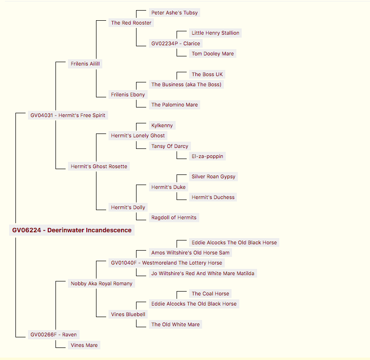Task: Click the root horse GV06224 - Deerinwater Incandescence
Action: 72,230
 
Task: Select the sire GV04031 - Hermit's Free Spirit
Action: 68,115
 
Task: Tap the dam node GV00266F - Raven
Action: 54,334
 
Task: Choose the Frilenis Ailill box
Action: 85,64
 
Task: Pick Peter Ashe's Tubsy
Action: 175,13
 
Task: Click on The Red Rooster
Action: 131,23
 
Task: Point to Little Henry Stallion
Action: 216,33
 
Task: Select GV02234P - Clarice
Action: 176,43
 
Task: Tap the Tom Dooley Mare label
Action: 213,53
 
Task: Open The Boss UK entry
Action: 207,74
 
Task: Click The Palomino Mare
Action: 175,105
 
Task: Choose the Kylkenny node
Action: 162,125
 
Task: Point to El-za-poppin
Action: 207,156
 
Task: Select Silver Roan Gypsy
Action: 214,176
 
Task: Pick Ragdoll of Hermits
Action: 174,217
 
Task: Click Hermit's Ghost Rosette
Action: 99,166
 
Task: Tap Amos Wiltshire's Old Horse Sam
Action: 191,253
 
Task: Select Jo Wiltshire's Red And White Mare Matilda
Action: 203,273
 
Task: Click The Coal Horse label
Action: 210,293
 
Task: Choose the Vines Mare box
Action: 84,345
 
